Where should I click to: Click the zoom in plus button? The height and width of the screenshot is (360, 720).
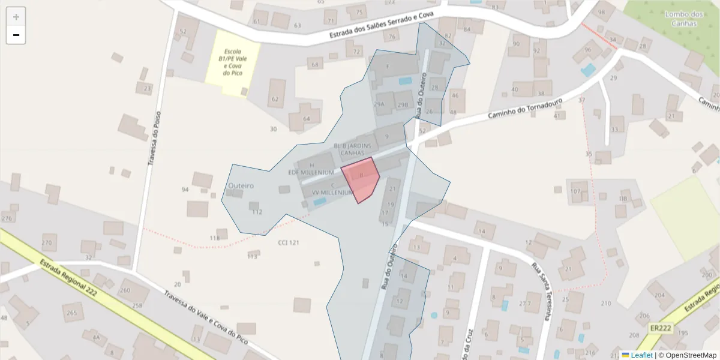[x=16, y=17]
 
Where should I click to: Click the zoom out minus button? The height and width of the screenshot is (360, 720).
[x=16, y=35]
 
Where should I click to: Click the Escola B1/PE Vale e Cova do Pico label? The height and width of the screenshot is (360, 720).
[x=233, y=62]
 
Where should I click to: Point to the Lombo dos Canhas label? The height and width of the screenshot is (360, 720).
[x=684, y=19]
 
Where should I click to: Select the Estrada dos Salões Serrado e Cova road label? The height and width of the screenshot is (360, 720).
[x=384, y=26]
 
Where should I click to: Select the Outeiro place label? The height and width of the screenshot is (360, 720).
[x=241, y=186]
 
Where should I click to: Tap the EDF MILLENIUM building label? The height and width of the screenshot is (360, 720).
[x=311, y=173]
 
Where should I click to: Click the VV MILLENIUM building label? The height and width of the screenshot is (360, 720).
[x=332, y=193]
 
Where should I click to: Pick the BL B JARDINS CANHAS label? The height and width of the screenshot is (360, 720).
[x=352, y=149]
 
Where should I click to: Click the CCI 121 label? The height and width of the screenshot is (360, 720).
[x=289, y=242]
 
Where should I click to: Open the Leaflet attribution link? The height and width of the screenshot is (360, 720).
[x=641, y=355]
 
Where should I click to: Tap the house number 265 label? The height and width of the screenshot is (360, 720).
[x=71, y=313]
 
